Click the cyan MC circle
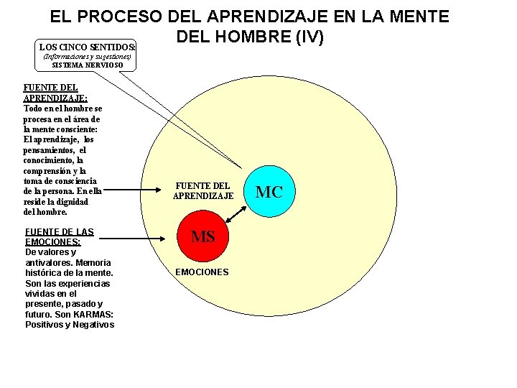point(269,192)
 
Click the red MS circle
point(203,236)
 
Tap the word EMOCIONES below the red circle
point(202,272)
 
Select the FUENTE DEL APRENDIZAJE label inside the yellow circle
point(203,190)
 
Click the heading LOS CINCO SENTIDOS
point(88,47)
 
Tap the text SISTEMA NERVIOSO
point(88,65)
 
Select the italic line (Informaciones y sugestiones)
point(88,56)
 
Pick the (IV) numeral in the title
point(308,35)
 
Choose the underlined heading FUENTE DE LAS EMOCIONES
point(60,237)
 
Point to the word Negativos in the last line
point(93,325)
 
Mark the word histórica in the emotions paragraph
point(43,273)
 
